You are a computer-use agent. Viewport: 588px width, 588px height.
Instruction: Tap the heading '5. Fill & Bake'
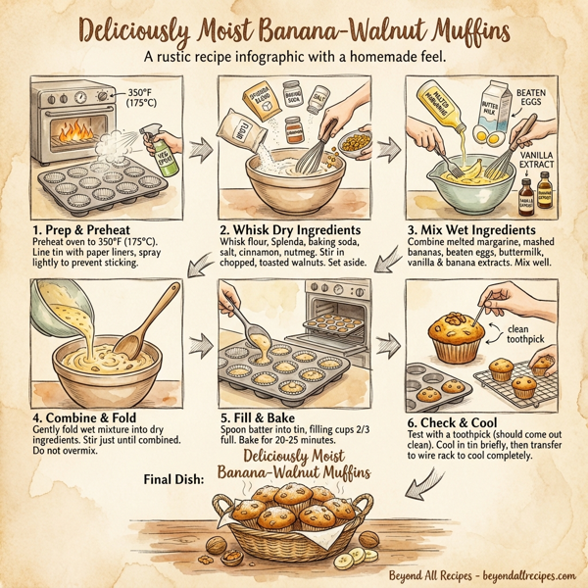(260, 404)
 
